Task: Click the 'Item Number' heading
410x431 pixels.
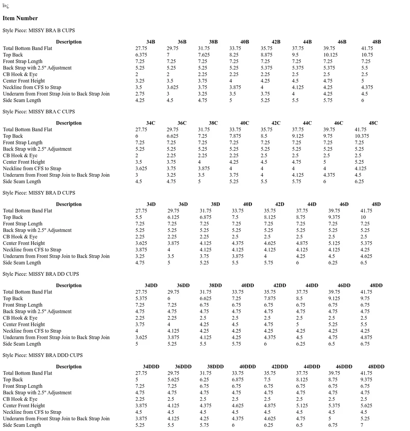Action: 20,18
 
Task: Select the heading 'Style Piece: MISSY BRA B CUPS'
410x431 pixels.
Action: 39,31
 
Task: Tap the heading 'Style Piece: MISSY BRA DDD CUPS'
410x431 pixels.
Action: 42,355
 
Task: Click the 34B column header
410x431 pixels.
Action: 151,42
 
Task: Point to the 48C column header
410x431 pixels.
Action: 373,123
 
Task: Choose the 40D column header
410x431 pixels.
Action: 248,204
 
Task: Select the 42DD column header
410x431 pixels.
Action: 280,285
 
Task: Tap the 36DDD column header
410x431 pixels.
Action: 183,367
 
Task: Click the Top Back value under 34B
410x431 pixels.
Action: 141,55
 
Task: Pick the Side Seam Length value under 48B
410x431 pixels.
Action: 363,100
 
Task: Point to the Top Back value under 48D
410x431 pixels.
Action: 363,217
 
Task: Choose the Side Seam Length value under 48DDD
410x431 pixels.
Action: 362,425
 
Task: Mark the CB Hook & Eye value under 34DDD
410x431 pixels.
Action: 140,399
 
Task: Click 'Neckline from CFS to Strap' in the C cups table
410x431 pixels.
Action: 32,169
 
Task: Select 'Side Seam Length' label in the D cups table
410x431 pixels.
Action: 22,262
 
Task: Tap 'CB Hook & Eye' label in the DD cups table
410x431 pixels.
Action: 20,318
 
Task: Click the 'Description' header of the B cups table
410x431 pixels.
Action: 68,42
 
